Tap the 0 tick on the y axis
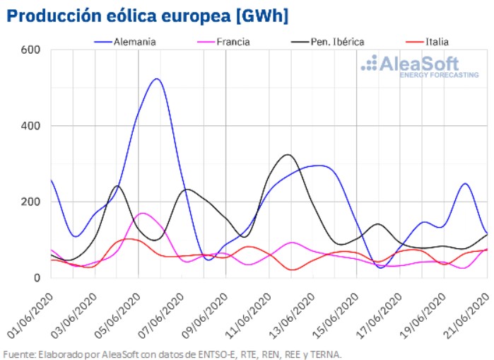[39, 277]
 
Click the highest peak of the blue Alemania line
[156, 79]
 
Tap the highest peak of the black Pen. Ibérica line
[287, 154]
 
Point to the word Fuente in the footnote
[18, 354]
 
